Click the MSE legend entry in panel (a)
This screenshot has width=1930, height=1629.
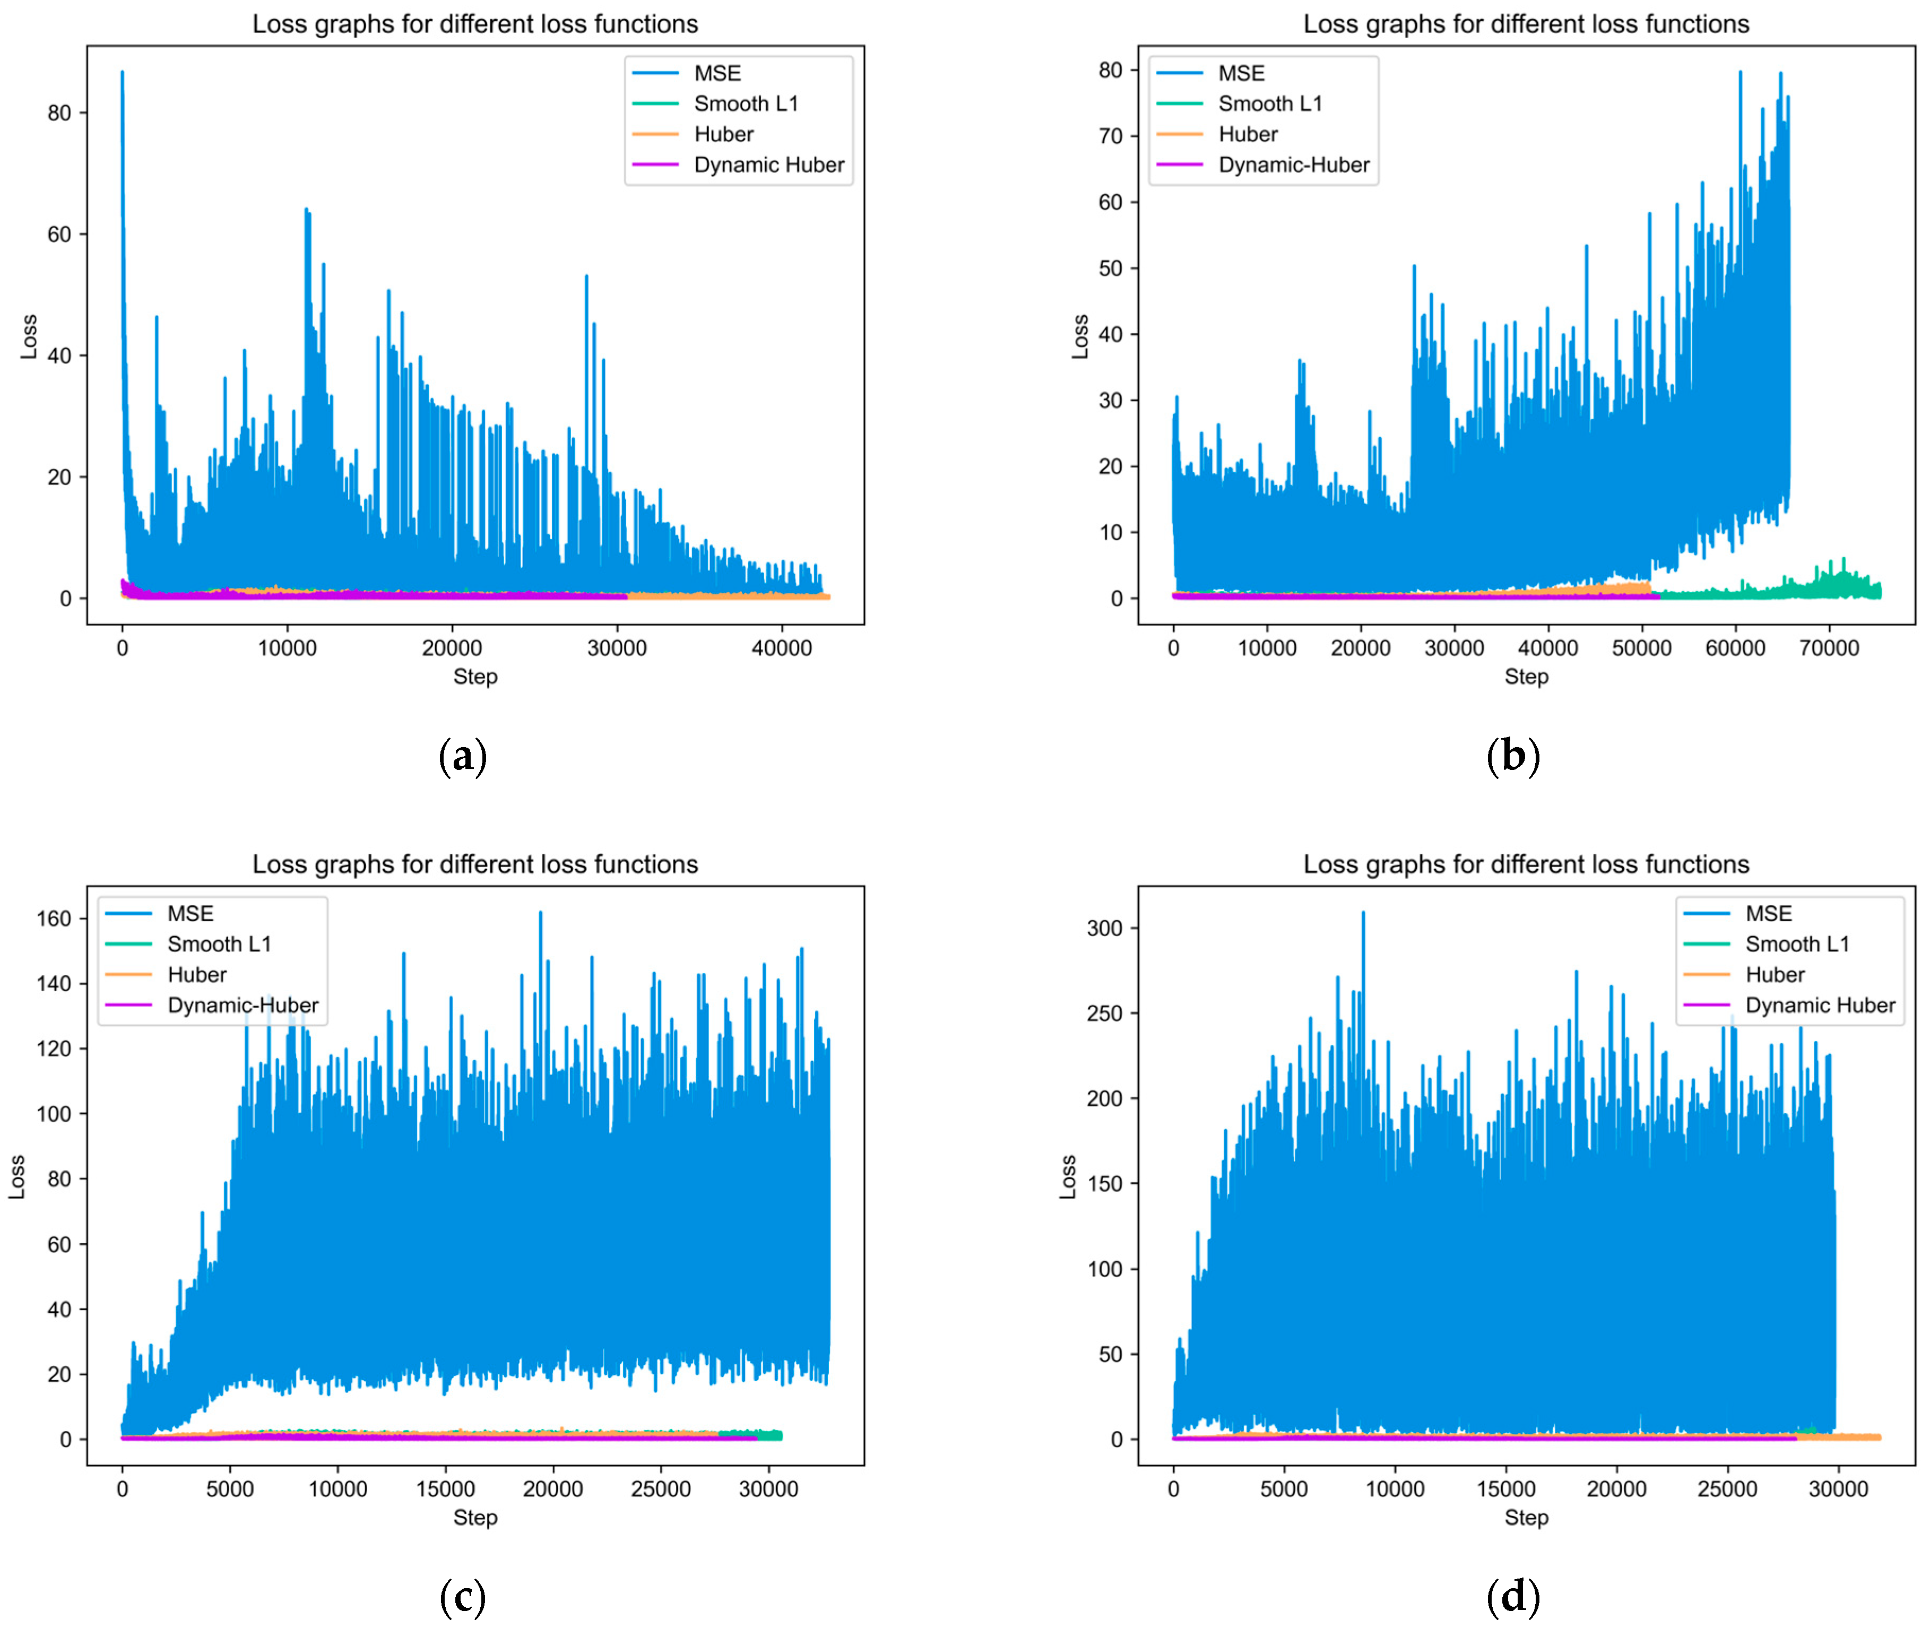[x=716, y=73]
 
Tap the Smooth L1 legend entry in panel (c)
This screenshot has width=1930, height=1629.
[x=219, y=944]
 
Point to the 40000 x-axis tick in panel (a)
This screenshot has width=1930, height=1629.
[x=781, y=648]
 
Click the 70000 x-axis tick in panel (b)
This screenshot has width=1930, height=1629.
[x=1829, y=648]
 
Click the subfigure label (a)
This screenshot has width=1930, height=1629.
[x=463, y=756]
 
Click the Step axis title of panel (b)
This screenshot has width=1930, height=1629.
[x=1526, y=677]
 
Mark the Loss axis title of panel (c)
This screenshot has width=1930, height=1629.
[x=16, y=1177]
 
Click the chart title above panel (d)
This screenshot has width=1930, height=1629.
[x=1526, y=864]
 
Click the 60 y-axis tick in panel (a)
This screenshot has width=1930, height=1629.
[x=59, y=235]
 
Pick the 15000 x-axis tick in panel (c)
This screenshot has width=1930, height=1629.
[x=445, y=1488]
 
